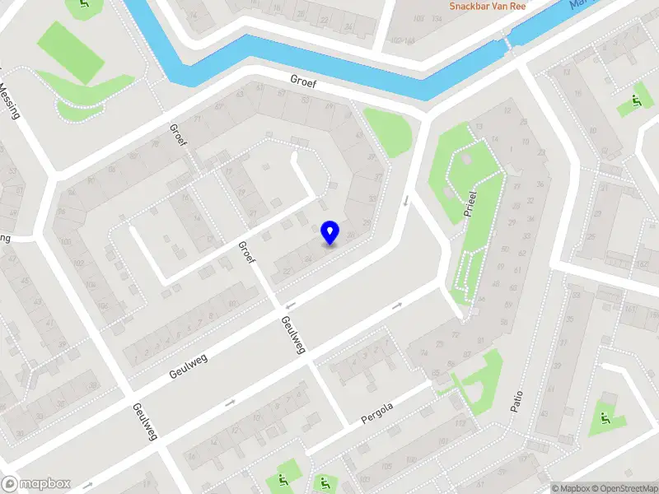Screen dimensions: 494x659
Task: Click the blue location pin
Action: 329,232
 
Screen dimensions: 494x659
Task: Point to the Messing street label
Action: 10,100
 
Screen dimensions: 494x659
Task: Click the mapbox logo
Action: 36,483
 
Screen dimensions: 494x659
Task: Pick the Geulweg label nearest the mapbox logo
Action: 145,422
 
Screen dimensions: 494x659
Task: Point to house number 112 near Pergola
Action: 460,425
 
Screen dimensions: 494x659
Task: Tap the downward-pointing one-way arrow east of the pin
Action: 405,200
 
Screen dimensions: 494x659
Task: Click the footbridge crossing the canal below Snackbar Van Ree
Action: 508,38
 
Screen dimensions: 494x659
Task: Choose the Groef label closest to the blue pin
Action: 247,258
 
